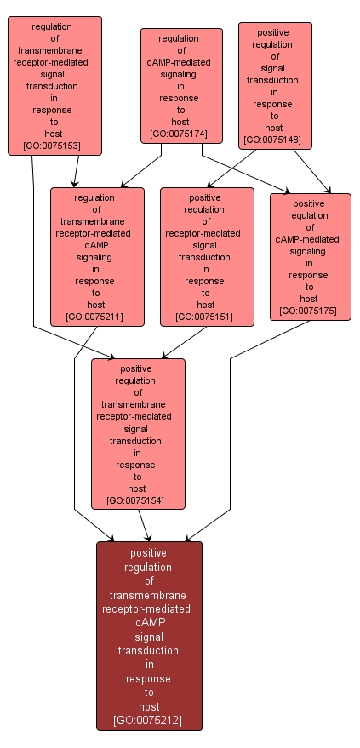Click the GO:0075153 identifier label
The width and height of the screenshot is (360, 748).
pos(55,146)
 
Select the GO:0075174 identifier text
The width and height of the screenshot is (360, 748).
pos(181,134)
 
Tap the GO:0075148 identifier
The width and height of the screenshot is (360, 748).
pos(274,140)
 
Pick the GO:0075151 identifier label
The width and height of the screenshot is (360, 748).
pos(205,317)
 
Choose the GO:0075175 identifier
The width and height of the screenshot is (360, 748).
pos(309,311)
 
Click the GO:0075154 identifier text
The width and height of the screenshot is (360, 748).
pos(137,500)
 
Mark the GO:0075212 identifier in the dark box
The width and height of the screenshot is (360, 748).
pos(149,720)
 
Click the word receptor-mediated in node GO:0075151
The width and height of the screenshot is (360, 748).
pos(205,233)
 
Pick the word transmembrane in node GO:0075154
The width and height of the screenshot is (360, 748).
pos(137,404)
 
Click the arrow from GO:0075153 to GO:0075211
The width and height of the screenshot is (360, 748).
pos(76,171)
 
